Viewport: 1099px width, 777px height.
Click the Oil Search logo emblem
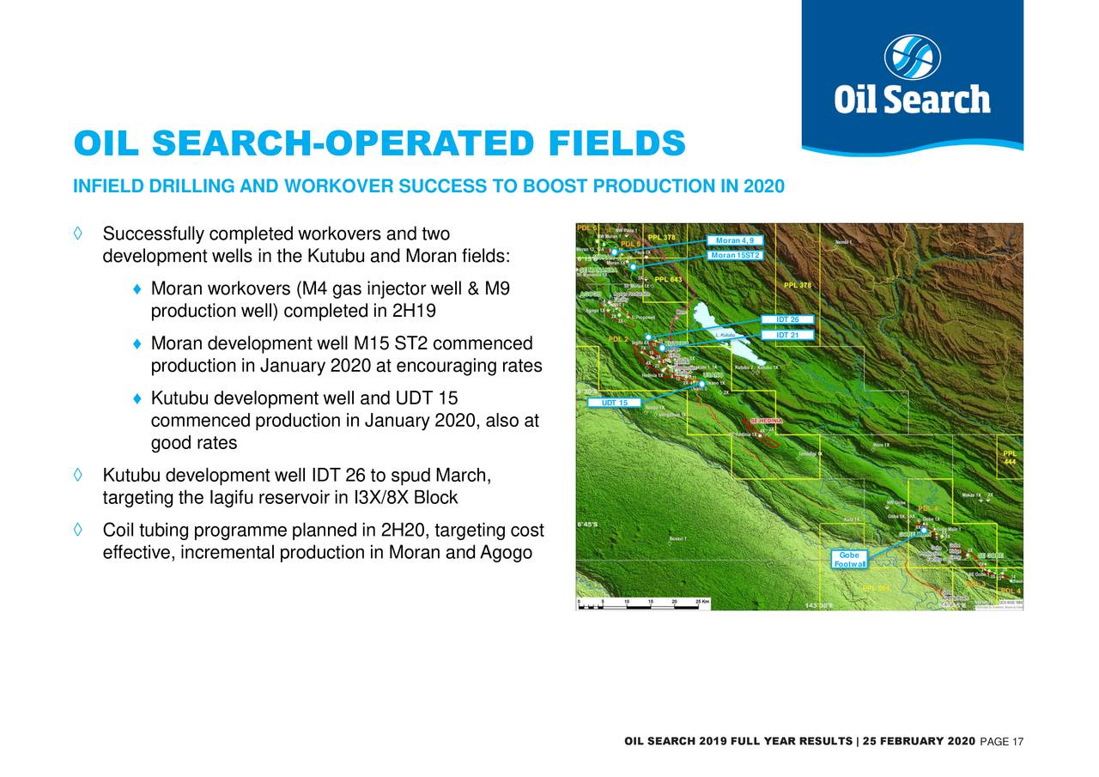coord(912,57)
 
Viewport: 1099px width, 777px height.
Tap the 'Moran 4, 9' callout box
coord(733,240)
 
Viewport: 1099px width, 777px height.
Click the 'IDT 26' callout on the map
coord(786,320)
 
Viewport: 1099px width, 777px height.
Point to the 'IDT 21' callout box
coord(786,335)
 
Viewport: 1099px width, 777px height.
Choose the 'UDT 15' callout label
coord(614,403)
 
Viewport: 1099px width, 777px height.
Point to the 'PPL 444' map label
coord(1011,458)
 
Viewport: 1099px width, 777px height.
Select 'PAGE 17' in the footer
coord(994,742)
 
